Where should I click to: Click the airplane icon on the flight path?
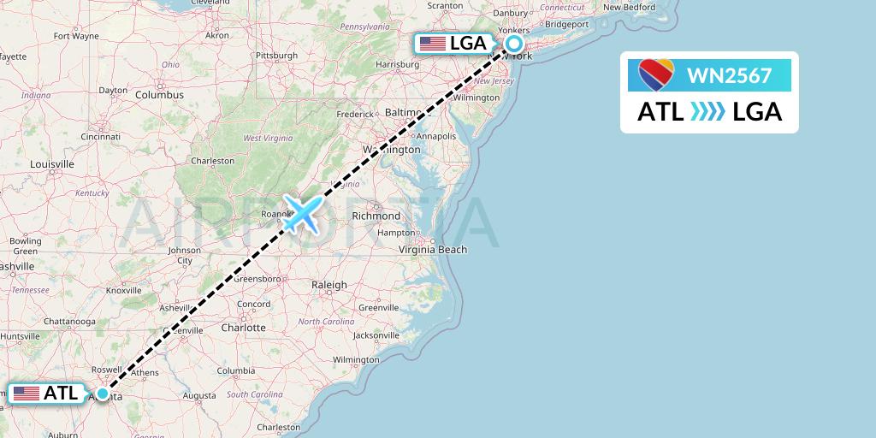tap(301, 214)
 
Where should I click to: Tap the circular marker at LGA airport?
tap(514, 44)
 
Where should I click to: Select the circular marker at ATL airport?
tap(103, 394)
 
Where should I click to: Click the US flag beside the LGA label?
tap(433, 44)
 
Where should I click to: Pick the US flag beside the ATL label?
tap(27, 394)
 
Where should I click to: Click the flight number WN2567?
tap(729, 76)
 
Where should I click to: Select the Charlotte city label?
tap(242, 328)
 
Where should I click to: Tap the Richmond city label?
tap(376, 216)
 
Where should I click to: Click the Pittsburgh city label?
tap(275, 56)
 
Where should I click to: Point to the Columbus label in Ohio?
tap(159, 95)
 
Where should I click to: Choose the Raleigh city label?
tap(329, 285)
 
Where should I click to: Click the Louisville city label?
tap(52, 163)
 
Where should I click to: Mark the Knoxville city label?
tap(123, 291)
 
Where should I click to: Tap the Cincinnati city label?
tap(100, 136)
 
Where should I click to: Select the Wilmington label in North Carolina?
tap(356, 359)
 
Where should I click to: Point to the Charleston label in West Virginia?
tap(212, 161)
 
